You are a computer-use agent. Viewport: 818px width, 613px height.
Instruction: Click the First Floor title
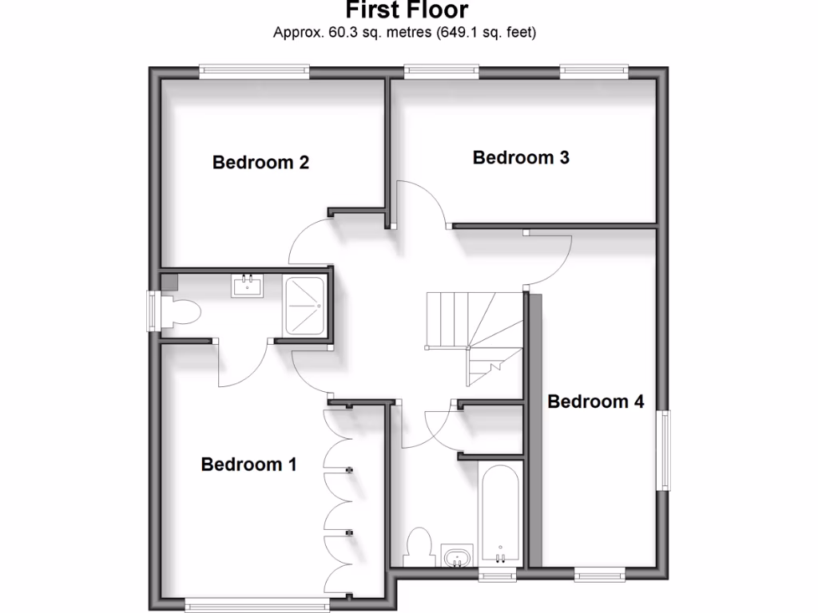click(407, 10)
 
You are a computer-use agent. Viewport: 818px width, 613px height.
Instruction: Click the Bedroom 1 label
click(248, 464)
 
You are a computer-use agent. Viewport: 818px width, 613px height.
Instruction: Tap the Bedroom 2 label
click(260, 163)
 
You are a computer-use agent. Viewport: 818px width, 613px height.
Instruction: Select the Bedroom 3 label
click(521, 157)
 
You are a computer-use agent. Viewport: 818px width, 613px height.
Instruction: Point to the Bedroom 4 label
click(595, 401)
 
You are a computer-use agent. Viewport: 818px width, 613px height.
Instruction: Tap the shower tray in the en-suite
click(304, 306)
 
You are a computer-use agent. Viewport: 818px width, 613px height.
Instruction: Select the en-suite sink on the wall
click(247, 285)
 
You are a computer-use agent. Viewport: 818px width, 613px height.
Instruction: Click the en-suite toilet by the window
click(181, 311)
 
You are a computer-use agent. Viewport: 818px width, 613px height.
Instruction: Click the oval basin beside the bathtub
click(457, 556)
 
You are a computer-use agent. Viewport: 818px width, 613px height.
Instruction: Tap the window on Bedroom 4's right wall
click(663, 451)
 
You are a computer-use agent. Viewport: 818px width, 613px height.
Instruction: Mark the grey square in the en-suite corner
click(169, 282)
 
